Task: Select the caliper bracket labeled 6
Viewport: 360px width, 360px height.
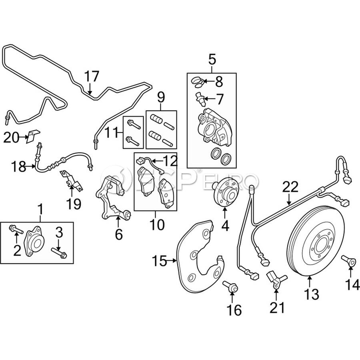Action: coord(112,200)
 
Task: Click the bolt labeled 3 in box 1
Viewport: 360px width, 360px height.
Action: coord(59,252)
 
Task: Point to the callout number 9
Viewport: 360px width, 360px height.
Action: coord(161,97)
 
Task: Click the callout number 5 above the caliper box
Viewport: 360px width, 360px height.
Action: coord(212,60)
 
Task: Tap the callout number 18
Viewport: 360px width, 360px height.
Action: coord(18,166)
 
